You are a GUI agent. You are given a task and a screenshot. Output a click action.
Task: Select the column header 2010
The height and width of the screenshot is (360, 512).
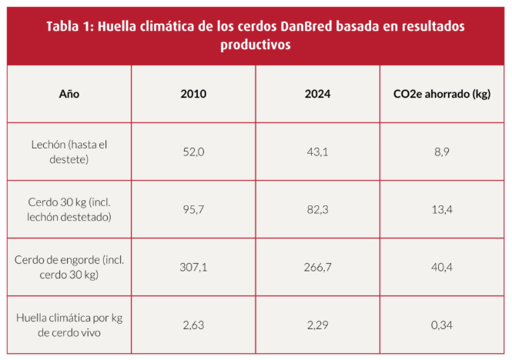pos(193,94)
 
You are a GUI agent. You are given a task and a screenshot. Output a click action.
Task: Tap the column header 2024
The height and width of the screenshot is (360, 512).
pos(317,94)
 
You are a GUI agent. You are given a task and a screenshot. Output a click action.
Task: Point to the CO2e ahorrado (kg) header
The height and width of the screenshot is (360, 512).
pos(442,94)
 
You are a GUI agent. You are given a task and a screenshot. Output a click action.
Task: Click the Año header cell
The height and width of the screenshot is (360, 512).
pos(69,94)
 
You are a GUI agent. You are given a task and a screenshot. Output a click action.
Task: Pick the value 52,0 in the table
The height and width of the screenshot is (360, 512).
pos(193,152)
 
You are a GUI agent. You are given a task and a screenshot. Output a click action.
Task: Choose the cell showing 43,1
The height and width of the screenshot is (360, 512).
pos(317,152)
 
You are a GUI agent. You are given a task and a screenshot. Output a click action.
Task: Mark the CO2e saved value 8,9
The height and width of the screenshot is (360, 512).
pos(442,152)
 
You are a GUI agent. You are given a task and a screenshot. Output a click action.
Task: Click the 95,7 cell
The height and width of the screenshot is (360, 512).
pos(193,209)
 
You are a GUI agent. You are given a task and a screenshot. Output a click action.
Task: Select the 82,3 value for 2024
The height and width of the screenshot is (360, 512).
pos(317,209)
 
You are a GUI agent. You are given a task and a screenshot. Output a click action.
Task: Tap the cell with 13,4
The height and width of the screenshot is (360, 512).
pos(442,209)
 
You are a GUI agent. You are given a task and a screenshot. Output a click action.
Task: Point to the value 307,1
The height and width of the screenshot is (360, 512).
pos(193,267)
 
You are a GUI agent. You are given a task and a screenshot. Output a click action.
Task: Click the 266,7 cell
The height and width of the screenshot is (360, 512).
pos(317,267)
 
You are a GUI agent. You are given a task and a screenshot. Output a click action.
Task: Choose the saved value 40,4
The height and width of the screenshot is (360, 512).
pos(442,267)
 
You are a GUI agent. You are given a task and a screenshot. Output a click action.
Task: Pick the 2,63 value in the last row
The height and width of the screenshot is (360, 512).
pos(193,325)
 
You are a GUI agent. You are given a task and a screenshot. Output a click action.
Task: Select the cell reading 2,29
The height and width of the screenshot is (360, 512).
pos(317,325)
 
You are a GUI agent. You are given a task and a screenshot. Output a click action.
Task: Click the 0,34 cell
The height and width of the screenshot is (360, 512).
pos(442,325)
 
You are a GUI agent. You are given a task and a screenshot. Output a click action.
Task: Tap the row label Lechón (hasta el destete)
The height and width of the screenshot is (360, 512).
pos(69,152)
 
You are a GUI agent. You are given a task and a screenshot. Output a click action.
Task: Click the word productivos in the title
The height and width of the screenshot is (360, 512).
pos(256,45)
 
